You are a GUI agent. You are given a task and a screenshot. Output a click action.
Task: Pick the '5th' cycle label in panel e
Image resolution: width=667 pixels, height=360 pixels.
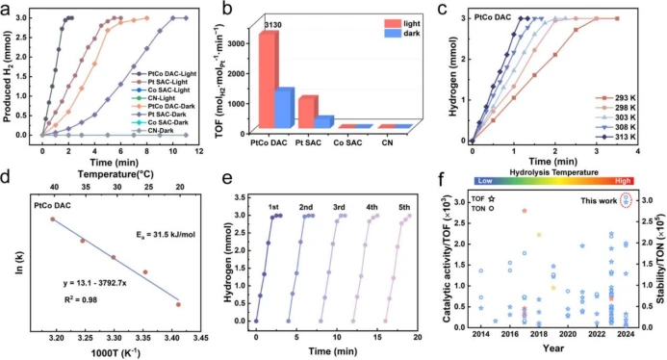pyautogui.click(x=405, y=206)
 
